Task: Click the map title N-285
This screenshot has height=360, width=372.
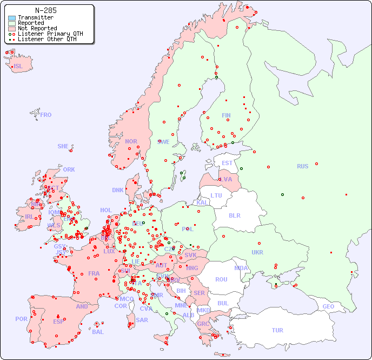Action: tap(45, 10)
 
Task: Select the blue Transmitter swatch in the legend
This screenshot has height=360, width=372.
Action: tap(12, 18)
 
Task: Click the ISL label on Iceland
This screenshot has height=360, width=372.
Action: tap(18, 67)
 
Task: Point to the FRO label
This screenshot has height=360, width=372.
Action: tap(46, 115)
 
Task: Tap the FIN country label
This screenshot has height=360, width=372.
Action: tap(226, 115)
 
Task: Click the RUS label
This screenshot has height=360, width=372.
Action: tap(302, 166)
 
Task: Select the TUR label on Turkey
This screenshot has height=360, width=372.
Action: tap(277, 330)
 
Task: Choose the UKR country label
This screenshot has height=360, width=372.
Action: tap(257, 252)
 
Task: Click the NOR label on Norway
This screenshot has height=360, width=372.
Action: tap(131, 141)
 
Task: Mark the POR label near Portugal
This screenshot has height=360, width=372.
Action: tap(21, 319)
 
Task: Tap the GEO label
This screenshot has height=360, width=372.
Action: tap(328, 306)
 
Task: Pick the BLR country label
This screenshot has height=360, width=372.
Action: tap(234, 215)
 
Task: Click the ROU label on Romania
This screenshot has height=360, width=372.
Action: tap(221, 279)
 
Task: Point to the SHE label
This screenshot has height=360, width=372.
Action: tap(63, 146)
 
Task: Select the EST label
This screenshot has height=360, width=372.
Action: tap(227, 163)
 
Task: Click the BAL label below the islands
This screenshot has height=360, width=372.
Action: tap(98, 332)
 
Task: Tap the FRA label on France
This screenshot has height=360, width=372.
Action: tap(94, 273)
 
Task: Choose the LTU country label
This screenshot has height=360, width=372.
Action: tap(216, 195)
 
